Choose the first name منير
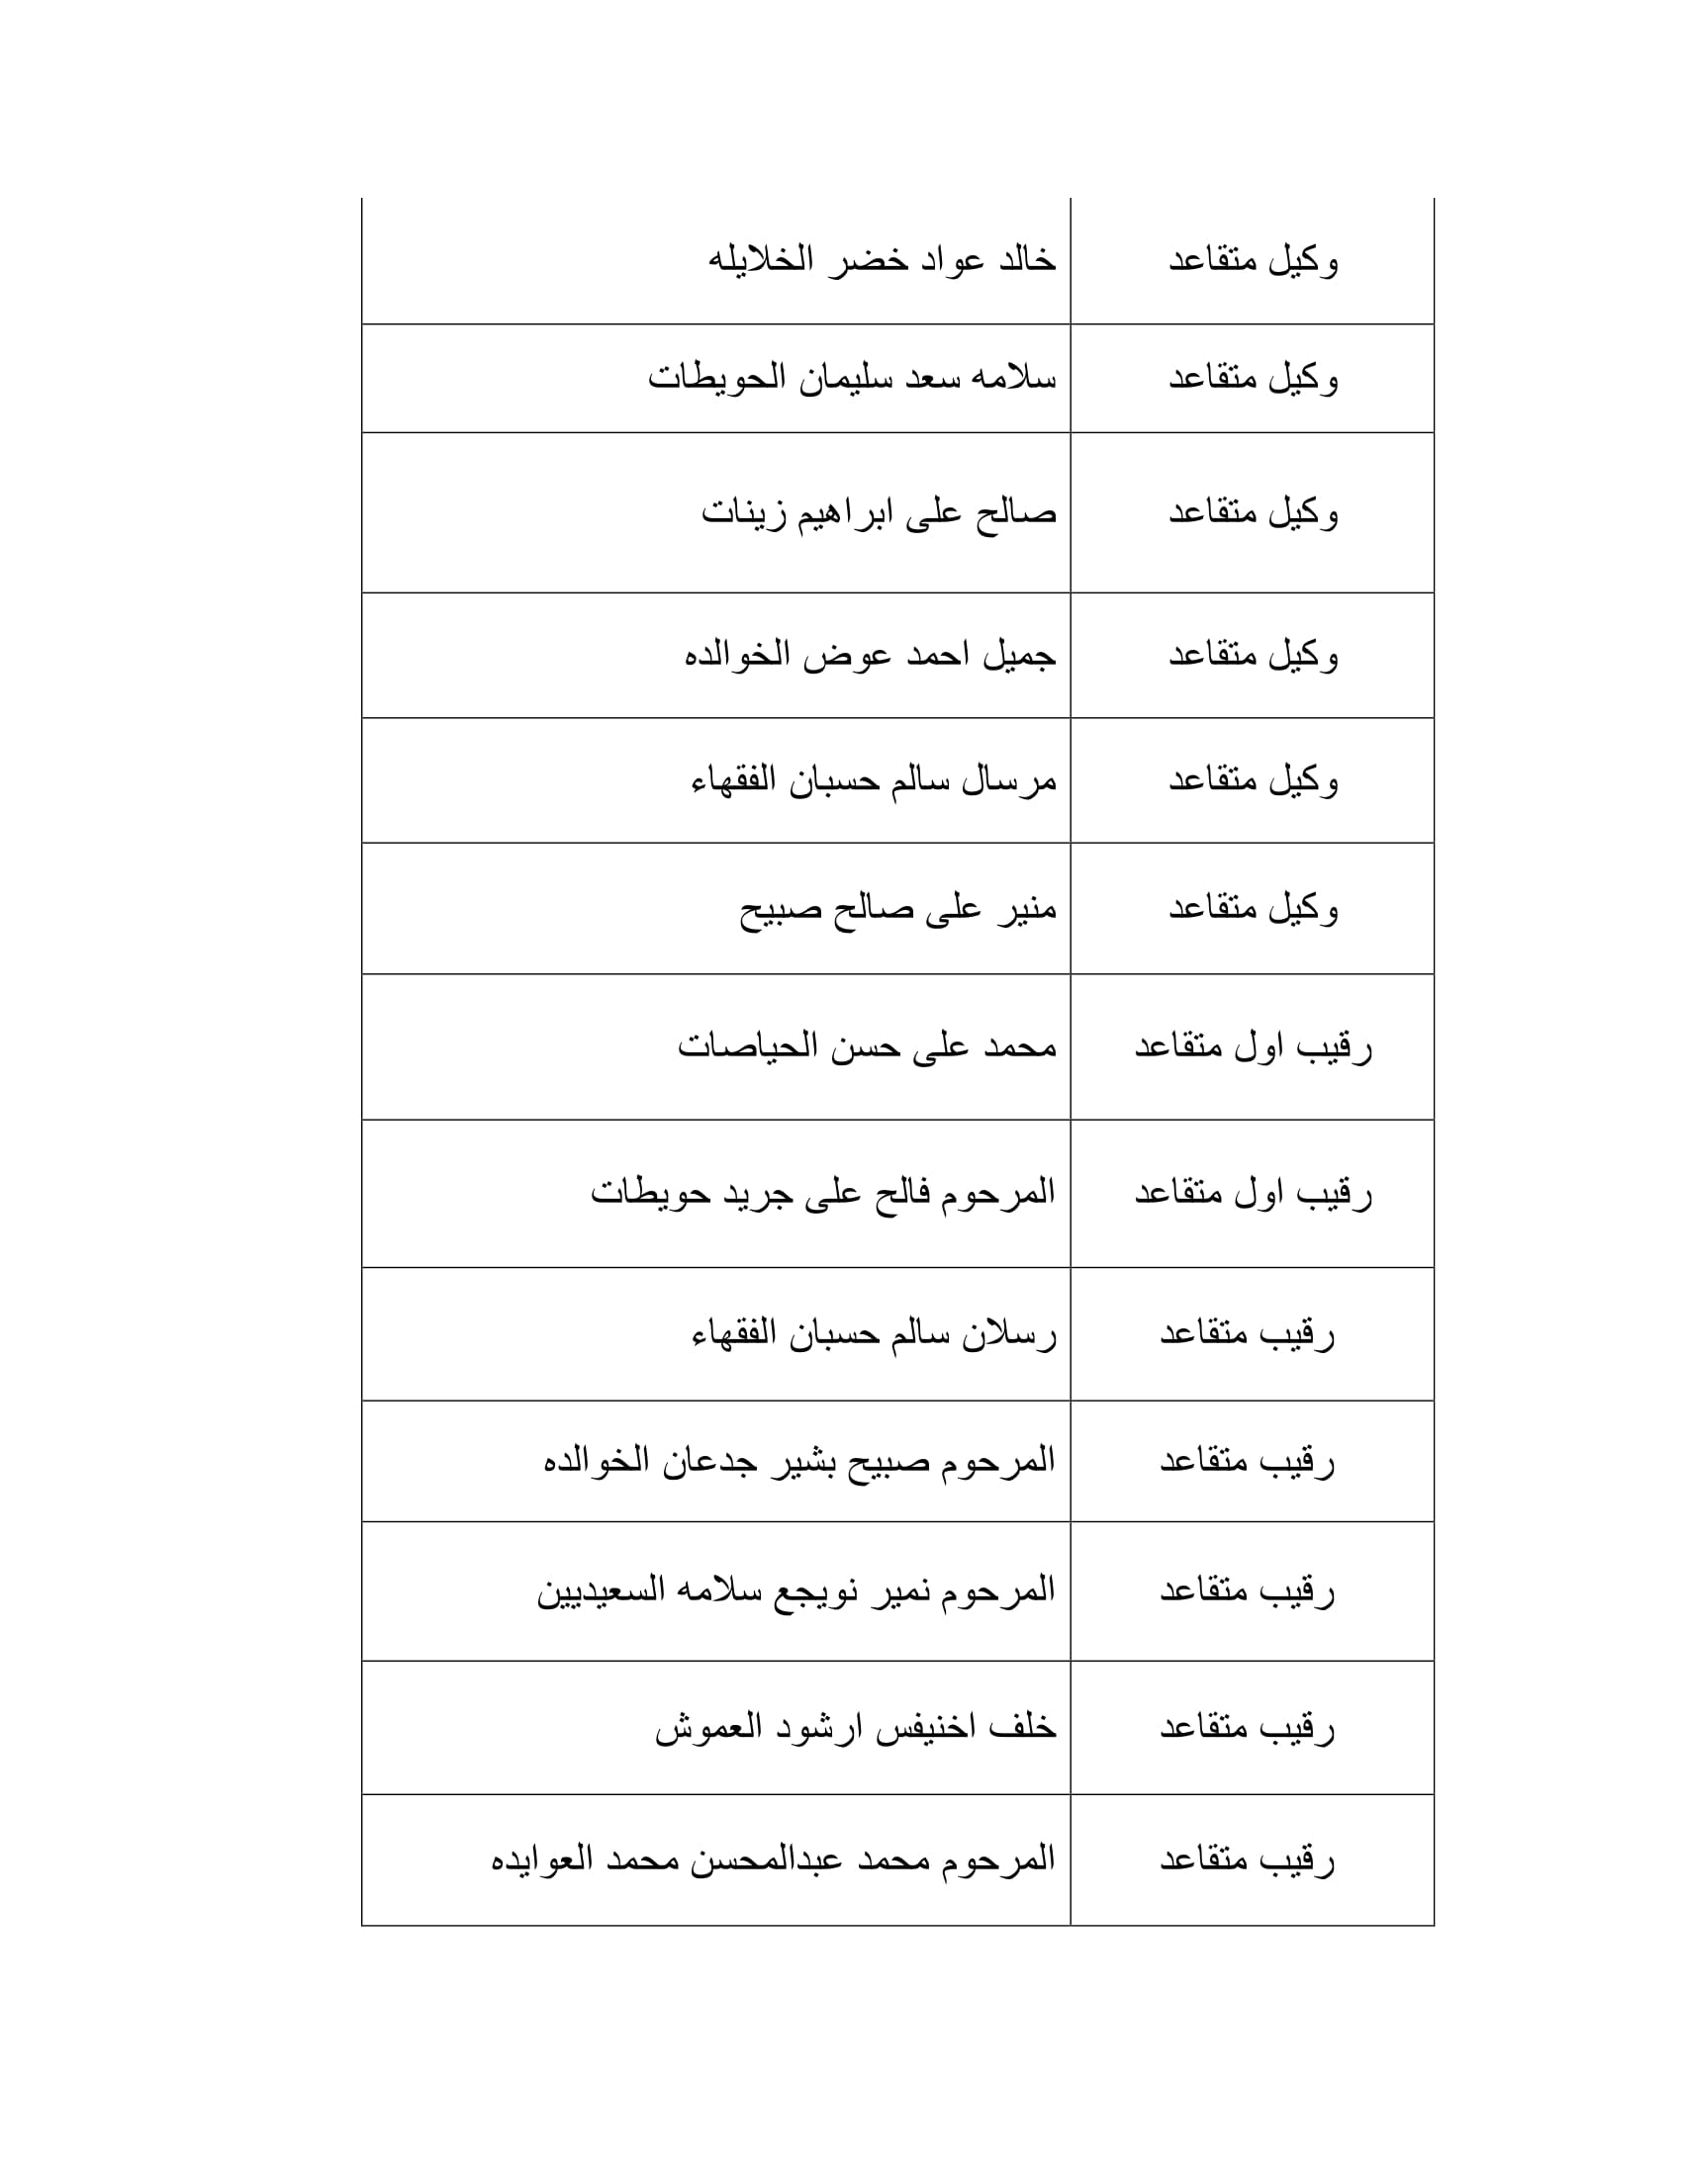[x=1024, y=909]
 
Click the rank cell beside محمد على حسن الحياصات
[x=1253, y=1047]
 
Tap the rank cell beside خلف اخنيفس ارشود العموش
[x=1247, y=1728]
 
